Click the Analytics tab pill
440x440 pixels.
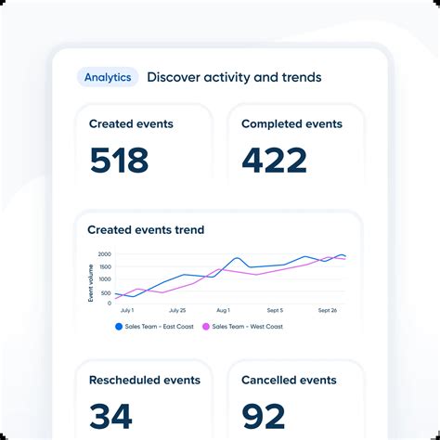coord(108,77)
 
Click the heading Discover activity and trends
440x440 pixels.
coord(234,77)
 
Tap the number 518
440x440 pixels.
coord(119,161)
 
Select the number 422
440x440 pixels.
coord(274,161)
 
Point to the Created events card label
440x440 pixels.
coord(131,123)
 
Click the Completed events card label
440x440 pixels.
coord(291,123)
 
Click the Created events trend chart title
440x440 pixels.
coord(146,229)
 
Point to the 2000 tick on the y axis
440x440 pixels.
coord(104,253)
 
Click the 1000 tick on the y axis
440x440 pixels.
coord(104,278)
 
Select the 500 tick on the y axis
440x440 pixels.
coord(106,291)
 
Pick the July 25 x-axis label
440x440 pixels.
coord(176,310)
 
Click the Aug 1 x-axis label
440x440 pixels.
coord(223,310)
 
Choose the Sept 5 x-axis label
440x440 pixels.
coord(275,310)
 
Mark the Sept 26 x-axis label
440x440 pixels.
coord(328,310)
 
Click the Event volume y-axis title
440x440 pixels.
coord(91,282)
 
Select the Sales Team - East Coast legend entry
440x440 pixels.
coord(154,327)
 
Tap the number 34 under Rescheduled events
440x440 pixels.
coord(110,416)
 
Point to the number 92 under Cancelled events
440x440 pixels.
coord(264,416)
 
